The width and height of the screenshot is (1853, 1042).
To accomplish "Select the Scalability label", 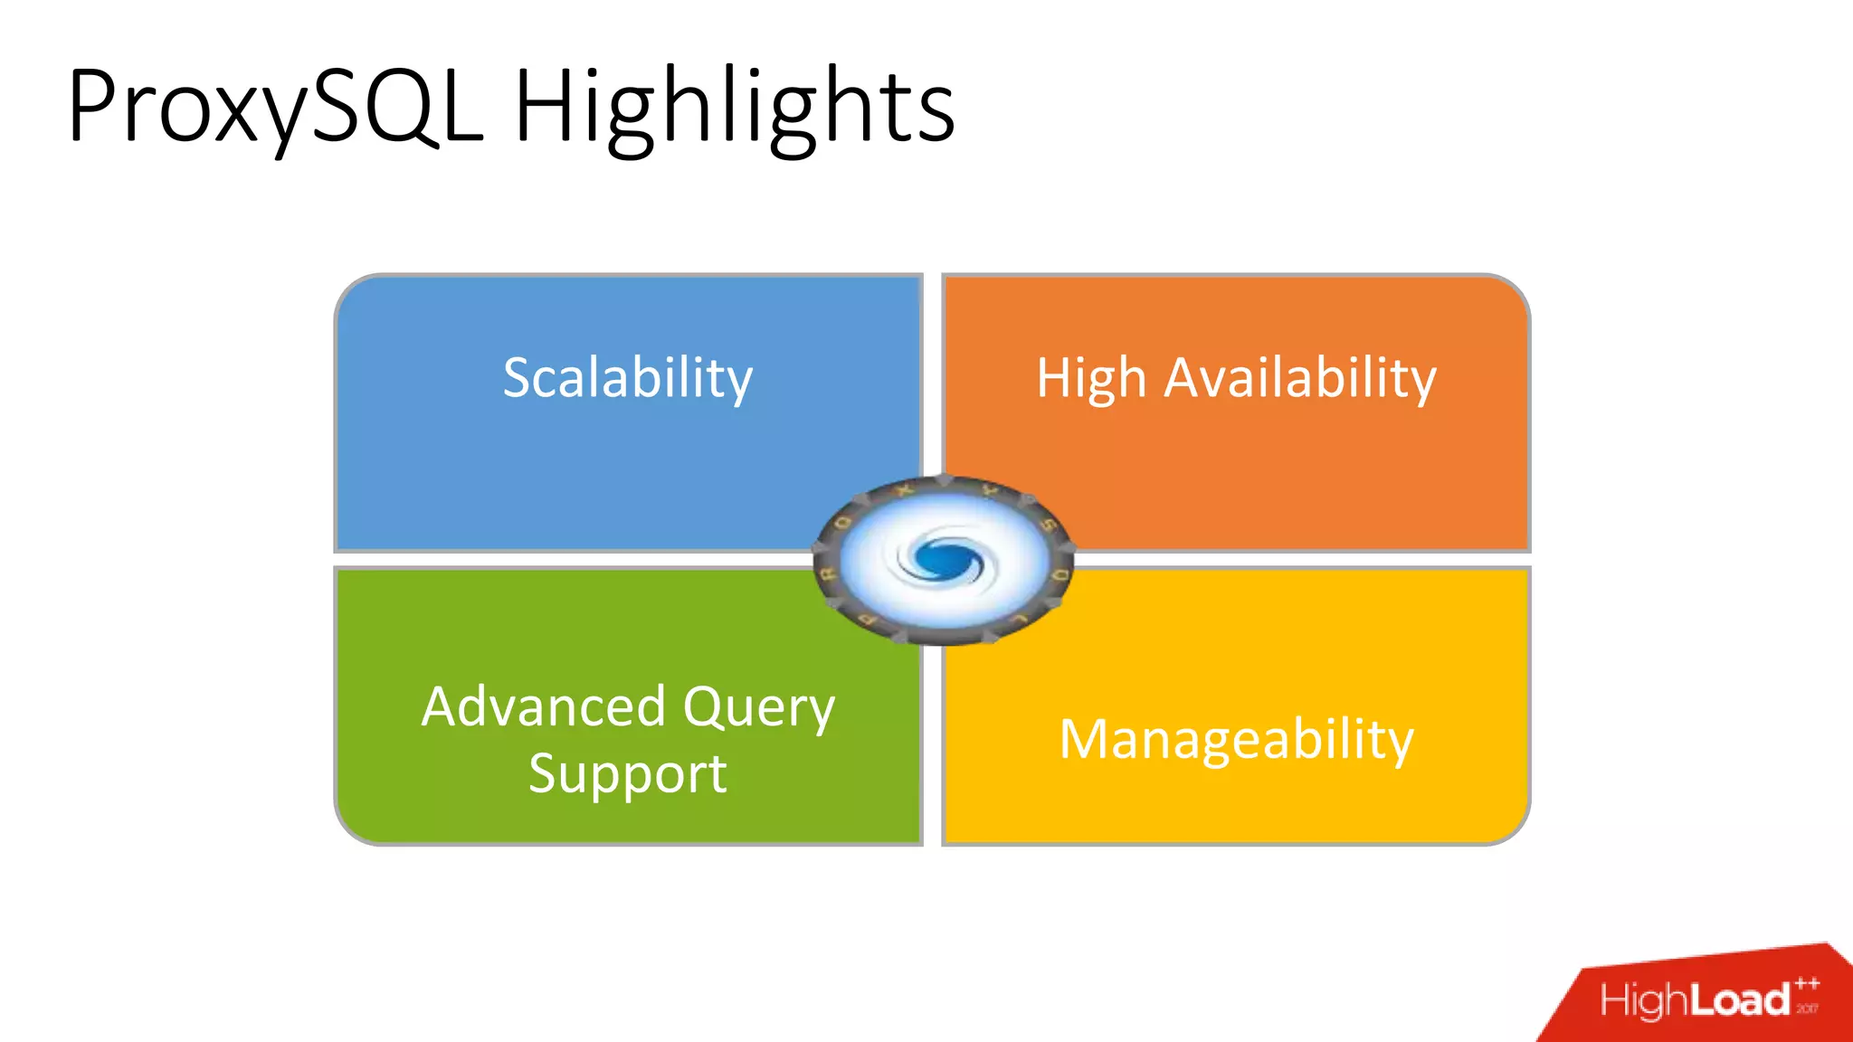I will click(627, 377).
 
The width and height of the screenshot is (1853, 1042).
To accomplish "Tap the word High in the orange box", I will click(1091, 377).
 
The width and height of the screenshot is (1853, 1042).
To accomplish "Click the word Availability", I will click(1299, 377).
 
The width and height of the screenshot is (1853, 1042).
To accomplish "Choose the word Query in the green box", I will click(758, 708).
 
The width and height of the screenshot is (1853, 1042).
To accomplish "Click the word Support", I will click(627, 774).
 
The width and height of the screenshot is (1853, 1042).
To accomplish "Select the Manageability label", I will click(1236, 740).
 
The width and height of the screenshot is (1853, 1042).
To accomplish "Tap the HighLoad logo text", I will click(1694, 1000).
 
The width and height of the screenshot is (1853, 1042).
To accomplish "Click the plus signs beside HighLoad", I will click(1807, 984).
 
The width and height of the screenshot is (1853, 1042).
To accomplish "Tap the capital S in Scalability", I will click(520, 377).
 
